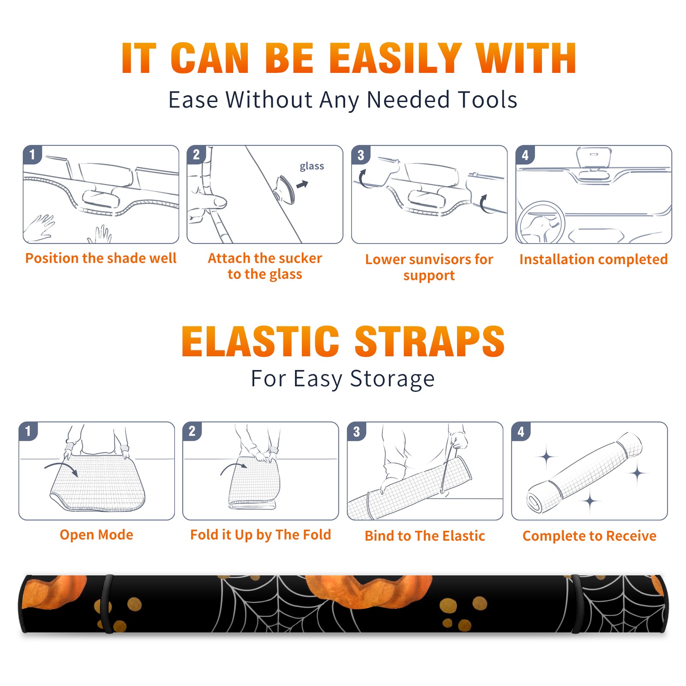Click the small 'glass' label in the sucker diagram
click(x=312, y=166)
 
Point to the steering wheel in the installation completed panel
click(x=541, y=223)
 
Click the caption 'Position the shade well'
click(x=101, y=258)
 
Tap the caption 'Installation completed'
click(x=593, y=259)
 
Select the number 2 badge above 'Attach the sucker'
click(x=196, y=154)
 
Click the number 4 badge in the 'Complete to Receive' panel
click(x=521, y=431)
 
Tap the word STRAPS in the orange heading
click(x=430, y=341)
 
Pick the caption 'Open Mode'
click(x=96, y=535)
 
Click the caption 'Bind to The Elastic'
click(x=424, y=536)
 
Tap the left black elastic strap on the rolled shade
click(x=108, y=604)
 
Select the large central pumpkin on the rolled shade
click(x=369, y=592)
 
